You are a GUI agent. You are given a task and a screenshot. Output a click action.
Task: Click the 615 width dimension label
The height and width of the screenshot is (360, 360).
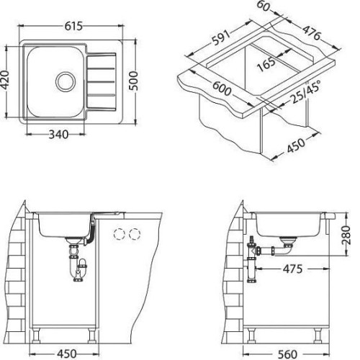pos(73,26)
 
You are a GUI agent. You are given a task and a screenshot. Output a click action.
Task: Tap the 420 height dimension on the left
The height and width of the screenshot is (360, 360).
pos(5,80)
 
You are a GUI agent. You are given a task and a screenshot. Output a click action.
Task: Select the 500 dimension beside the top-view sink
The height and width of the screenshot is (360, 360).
pos(133,81)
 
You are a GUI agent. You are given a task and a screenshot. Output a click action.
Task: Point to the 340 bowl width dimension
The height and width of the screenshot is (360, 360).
pos(58,135)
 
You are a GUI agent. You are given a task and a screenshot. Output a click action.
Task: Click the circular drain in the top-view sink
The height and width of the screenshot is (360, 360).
pos(66,81)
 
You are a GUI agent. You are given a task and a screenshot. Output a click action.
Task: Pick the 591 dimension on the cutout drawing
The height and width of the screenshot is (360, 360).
pos(221,38)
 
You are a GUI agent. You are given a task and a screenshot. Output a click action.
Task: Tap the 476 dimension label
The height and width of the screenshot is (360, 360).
pos(311,33)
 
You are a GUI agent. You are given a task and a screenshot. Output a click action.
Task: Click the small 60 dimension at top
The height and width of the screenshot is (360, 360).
pos(264,6)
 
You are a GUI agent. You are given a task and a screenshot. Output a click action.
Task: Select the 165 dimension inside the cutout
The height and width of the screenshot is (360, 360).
pos(266,64)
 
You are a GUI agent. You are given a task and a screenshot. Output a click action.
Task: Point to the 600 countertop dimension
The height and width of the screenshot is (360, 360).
pos(222,89)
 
